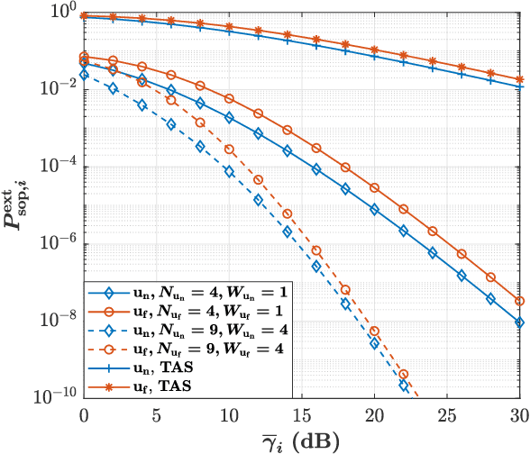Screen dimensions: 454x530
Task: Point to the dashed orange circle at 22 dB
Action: pyautogui.click(x=404, y=375)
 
